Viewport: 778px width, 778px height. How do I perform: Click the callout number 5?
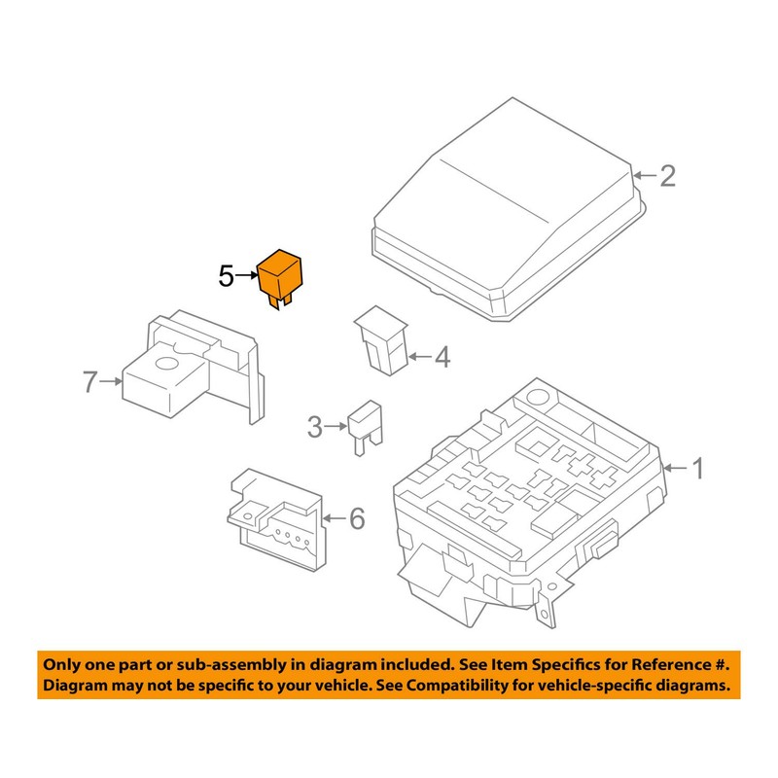coord(227,277)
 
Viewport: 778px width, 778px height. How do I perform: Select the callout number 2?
coord(667,176)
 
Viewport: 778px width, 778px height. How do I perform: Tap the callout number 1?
coord(696,469)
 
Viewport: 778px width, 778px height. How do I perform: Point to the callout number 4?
coord(442,358)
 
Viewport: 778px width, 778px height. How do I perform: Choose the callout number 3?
coord(314,426)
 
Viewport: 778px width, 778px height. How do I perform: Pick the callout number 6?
coord(356,520)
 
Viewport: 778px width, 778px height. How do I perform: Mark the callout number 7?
coord(89,383)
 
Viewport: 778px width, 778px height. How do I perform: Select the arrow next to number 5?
coord(247,277)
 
